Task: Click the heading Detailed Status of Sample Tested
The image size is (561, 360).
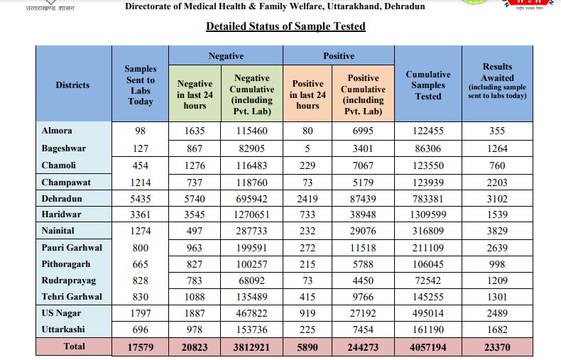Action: (285, 26)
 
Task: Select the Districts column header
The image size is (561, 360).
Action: (72, 85)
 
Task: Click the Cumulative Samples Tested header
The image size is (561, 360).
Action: (428, 85)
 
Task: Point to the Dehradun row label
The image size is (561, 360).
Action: (62, 199)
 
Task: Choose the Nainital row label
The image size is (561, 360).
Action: (59, 231)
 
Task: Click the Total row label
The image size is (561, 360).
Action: (74, 347)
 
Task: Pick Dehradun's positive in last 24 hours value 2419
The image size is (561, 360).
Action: (308, 199)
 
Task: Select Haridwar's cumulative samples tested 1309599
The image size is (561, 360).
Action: (428, 215)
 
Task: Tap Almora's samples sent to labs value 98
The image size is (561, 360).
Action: (141, 131)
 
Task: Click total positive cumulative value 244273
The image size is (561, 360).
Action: (364, 347)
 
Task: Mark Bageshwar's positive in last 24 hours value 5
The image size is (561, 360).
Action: (308, 149)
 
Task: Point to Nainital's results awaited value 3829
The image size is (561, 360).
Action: (497, 231)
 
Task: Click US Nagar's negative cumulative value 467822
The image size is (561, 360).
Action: (252, 313)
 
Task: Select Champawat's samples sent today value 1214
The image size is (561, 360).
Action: (141, 182)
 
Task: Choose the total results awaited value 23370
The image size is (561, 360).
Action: (497, 347)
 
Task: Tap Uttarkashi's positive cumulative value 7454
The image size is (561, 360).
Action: (364, 329)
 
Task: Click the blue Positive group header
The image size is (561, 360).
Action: (339, 56)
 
